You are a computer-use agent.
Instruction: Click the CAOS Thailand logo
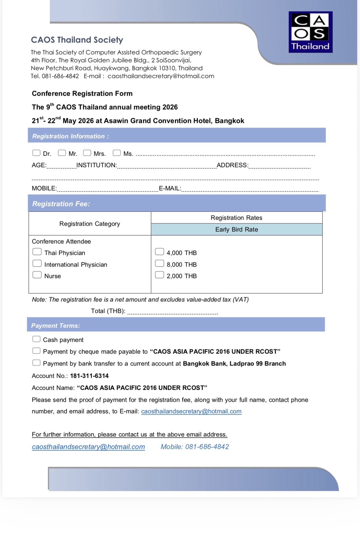[311, 32]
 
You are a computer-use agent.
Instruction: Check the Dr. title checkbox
[36, 153]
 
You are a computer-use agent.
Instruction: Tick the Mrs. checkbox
[87, 153]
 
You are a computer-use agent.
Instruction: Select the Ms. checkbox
[116, 153]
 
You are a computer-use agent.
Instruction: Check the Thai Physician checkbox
[37, 252]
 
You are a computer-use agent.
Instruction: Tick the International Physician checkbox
[37, 263]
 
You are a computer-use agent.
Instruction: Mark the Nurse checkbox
[37, 275]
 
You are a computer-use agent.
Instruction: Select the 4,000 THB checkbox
[159, 252]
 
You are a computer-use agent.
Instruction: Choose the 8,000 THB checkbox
[159, 263]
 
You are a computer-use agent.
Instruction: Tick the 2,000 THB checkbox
[159, 275]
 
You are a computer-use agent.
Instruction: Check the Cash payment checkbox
[36, 339]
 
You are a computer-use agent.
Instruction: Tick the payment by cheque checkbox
[36, 351]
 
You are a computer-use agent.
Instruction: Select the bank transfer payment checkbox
[36, 363]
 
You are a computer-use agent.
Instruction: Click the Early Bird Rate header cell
[236, 229]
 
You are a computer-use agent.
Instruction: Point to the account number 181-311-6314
[89, 376]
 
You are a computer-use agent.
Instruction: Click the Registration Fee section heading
[61, 204]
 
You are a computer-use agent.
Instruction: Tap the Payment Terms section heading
[55, 325]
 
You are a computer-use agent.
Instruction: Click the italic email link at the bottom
[88, 447]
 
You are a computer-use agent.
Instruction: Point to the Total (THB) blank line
[173, 311]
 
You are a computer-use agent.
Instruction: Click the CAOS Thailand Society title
[77, 40]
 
